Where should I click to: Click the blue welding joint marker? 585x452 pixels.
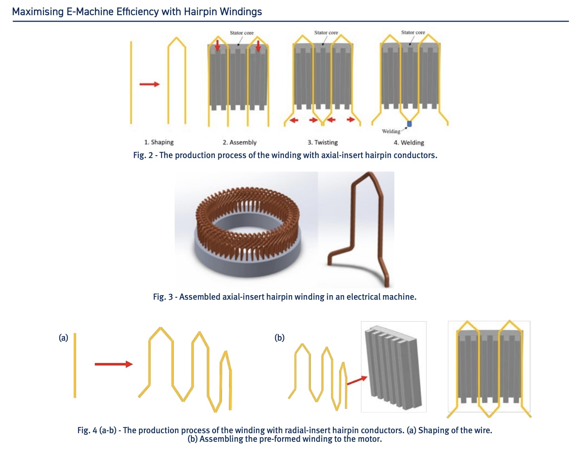coord(409,124)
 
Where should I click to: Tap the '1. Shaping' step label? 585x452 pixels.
coord(159,142)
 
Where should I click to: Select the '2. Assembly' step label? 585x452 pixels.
coord(239,142)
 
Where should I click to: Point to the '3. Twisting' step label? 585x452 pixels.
coord(322,142)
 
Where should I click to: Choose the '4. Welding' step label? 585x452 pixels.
coord(409,142)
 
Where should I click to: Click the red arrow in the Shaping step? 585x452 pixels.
coord(149,84)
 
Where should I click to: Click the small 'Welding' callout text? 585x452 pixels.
coord(391,131)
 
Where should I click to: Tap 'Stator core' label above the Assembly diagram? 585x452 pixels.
coord(241,33)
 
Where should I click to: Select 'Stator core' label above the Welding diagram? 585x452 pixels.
coord(413,32)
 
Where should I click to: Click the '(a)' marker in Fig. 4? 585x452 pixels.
coord(63,338)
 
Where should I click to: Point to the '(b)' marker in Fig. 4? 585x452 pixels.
coord(279,338)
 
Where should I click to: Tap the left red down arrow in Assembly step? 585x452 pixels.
coord(218,45)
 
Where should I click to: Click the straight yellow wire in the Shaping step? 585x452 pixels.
coord(131,82)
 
